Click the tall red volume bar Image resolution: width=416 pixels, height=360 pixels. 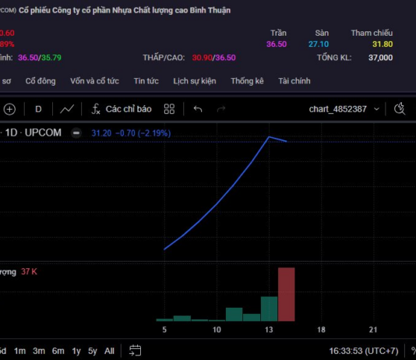coord(286,294)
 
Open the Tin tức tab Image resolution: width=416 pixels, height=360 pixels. coord(146,80)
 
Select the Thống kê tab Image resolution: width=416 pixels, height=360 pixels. coord(247,80)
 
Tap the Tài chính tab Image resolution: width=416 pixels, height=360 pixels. coord(294,80)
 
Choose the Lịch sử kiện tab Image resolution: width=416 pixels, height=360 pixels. coord(195,80)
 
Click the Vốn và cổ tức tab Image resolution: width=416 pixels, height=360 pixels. coord(94,80)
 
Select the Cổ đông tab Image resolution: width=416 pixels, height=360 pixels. coord(41,80)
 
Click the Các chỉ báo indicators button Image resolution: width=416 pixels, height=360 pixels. coord(121,109)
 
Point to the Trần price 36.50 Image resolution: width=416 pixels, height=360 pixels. coord(277,44)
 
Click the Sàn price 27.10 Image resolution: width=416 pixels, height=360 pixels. coord(319,44)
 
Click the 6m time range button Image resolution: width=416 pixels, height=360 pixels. coord(58,351)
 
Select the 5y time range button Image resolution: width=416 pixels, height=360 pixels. coord(93,351)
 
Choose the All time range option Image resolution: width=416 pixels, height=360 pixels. coord(109,351)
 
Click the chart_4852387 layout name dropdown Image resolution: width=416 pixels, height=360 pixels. coord(343,109)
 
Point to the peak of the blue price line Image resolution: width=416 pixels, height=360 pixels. coord(270,137)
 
